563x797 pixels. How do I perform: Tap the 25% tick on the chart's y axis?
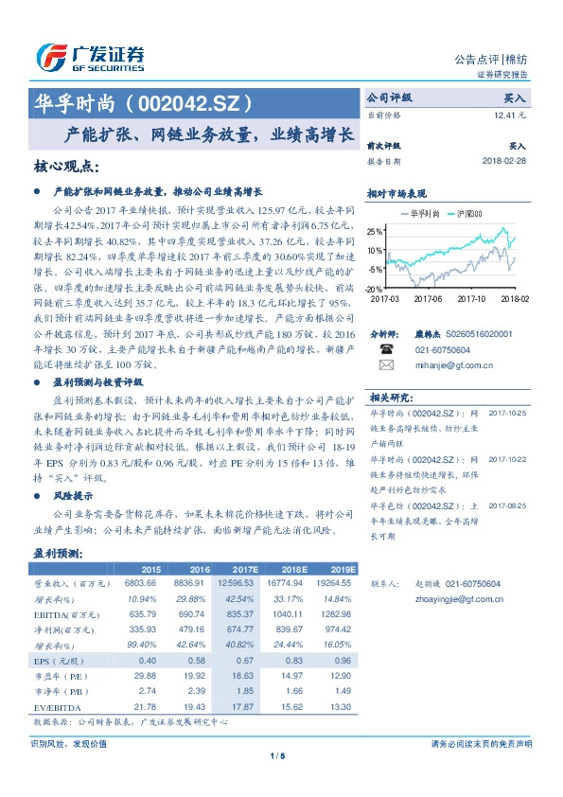377,231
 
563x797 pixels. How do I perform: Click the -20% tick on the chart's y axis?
376,288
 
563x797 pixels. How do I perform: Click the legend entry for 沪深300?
465,214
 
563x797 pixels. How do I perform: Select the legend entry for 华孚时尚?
420,214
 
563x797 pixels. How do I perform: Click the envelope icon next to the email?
385,363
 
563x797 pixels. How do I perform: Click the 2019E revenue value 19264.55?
334,585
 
